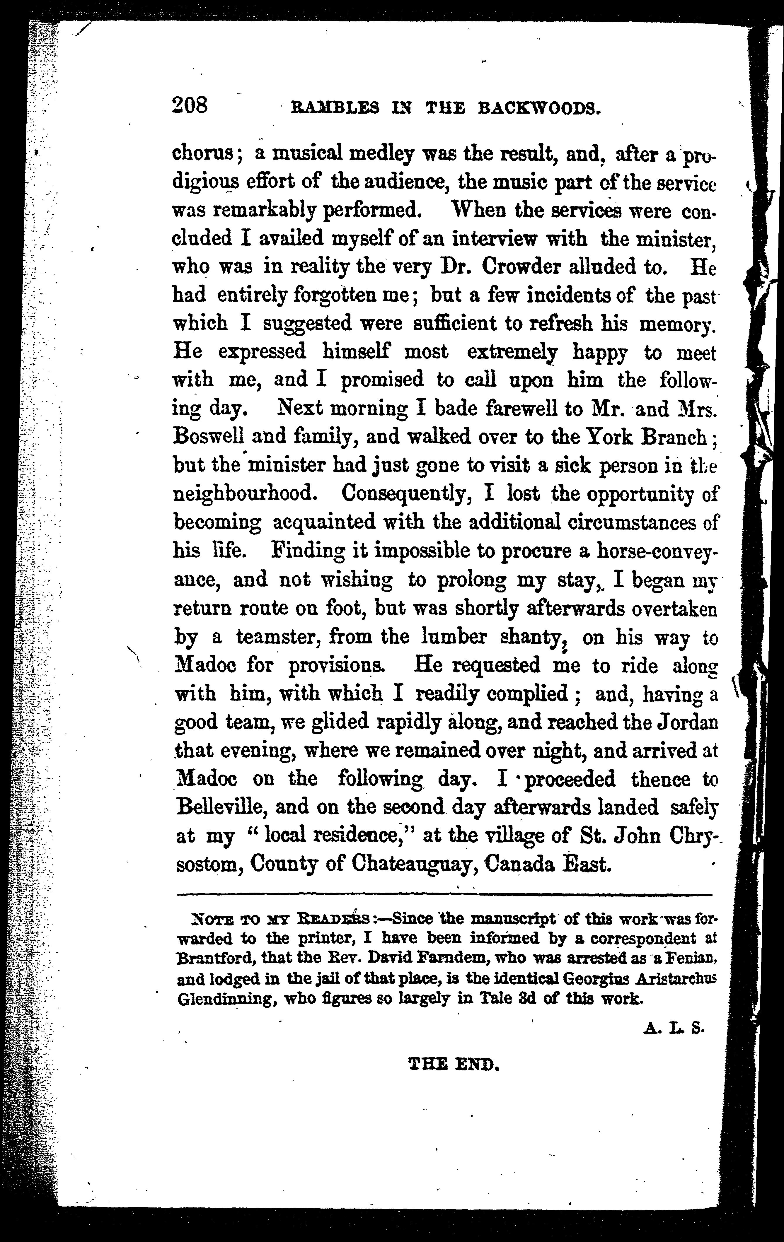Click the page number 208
coord(190,106)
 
